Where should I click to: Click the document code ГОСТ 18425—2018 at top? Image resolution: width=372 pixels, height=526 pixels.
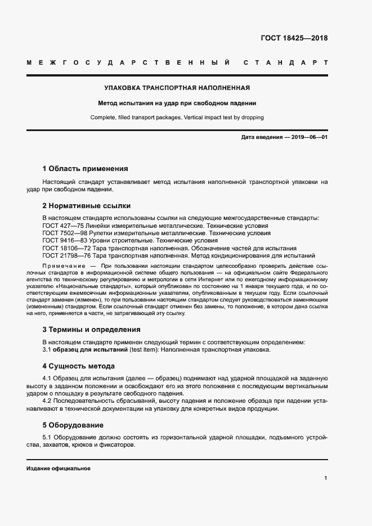coord(294,38)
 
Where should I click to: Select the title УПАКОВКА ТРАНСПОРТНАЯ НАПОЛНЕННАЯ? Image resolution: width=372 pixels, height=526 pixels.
coord(177,88)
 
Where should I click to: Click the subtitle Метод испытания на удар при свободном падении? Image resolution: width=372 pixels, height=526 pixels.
coord(177,104)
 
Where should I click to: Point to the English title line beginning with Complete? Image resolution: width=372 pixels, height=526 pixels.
coord(177,118)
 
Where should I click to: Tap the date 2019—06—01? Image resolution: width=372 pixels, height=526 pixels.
coord(309,137)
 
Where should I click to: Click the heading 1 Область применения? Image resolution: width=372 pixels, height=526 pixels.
coord(85,168)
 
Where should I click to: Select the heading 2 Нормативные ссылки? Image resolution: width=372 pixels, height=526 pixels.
coord(86,206)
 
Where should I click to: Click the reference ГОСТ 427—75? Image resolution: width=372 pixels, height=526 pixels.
coord(62,225)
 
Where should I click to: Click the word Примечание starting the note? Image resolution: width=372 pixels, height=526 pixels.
coord(62,265)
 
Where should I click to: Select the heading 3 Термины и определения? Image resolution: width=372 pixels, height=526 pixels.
coord(91,330)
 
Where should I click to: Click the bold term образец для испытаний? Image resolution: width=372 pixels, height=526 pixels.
coord(89,350)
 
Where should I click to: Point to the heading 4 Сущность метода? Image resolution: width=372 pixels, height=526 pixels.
coord(82,366)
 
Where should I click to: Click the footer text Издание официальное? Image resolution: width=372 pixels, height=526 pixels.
coord(59,469)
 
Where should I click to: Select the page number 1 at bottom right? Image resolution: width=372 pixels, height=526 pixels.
coord(325,478)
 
